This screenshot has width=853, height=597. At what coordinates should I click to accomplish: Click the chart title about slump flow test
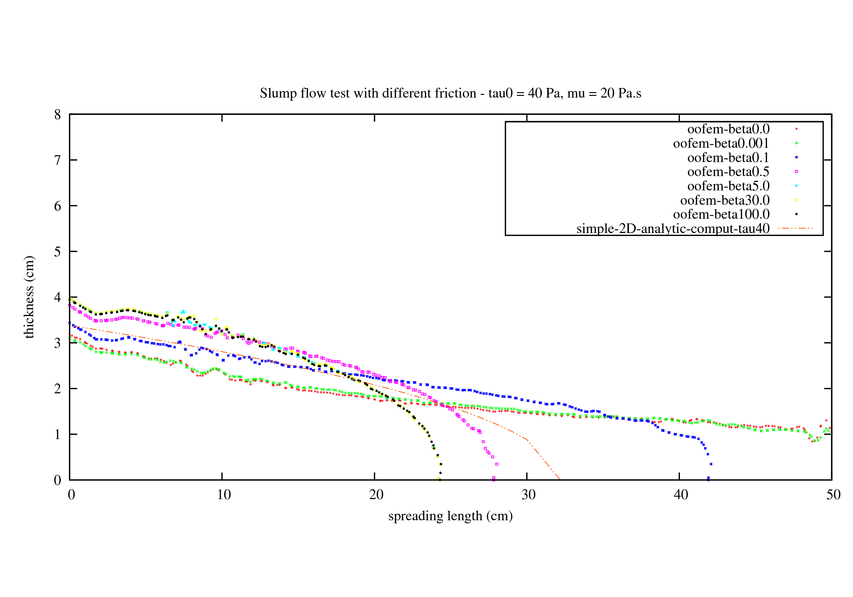click(450, 93)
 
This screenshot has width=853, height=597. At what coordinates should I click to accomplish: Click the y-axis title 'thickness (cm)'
click(29, 297)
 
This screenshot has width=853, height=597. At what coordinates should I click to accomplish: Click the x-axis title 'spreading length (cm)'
click(450, 516)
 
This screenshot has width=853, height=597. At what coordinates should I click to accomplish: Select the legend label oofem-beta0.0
click(728, 129)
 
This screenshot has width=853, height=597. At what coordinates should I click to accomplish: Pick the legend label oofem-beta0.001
click(721, 143)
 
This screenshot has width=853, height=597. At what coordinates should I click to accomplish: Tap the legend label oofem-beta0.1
click(728, 158)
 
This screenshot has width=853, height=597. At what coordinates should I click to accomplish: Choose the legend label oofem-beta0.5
click(728, 172)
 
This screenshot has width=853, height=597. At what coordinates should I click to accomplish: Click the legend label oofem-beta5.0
click(728, 186)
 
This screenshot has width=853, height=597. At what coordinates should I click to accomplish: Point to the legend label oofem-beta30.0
click(724, 200)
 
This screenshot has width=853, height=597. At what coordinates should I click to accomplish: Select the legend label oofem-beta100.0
click(721, 214)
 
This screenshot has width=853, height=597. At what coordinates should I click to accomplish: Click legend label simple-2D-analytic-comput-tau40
click(673, 229)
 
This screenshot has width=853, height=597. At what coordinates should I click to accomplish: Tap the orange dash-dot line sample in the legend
click(795, 228)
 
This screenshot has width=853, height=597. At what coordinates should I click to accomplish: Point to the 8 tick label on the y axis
click(58, 115)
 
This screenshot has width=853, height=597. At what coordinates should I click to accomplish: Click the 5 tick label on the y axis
click(58, 252)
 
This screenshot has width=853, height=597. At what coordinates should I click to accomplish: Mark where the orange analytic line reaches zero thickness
click(560, 480)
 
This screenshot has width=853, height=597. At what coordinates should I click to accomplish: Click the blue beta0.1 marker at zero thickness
click(708, 479)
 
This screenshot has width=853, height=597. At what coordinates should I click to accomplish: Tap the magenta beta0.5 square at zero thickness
click(493, 478)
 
